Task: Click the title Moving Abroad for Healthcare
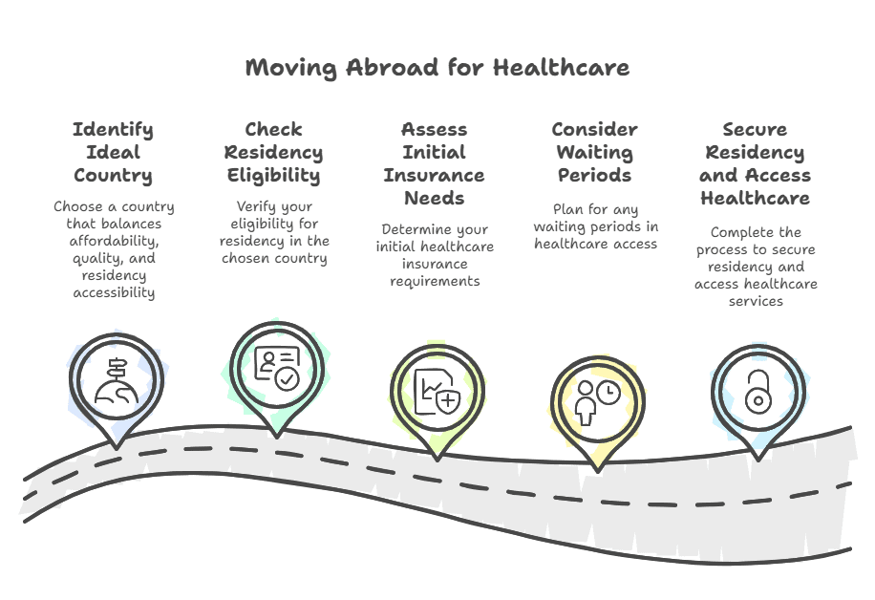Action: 437,68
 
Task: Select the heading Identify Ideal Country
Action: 113,152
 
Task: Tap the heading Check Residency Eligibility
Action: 273,152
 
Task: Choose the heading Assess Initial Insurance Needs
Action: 434,163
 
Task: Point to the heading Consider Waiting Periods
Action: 594,152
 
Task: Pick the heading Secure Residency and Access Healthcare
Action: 755,163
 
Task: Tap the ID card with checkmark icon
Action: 276,368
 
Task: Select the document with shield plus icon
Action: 437,391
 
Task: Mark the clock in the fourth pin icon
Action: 608,393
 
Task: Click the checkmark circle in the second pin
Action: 286,378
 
